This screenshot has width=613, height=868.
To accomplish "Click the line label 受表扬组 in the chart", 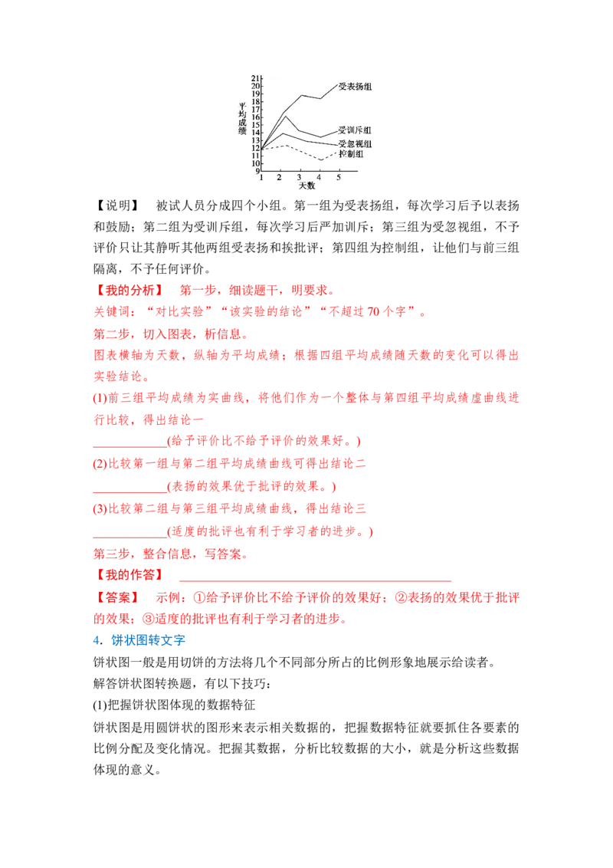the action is [x=355, y=87].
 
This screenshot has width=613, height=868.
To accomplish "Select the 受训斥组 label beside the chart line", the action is [x=355, y=130].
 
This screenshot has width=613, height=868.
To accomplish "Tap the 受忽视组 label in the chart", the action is [x=355, y=144].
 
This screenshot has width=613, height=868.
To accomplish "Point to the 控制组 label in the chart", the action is [x=351, y=154].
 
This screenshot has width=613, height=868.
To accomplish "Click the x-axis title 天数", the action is [x=306, y=186].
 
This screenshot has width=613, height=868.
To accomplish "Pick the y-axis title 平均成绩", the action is [x=242, y=118].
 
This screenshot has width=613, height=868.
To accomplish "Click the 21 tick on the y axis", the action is [x=255, y=78].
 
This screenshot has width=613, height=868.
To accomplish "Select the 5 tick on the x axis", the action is [x=339, y=178].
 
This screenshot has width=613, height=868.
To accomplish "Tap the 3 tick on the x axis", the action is [x=300, y=178].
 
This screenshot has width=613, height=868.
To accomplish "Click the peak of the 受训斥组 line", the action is [x=286, y=116].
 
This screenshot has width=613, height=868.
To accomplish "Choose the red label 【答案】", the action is [x=117, y=598].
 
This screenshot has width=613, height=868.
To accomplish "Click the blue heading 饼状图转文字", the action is [x=149, y=640].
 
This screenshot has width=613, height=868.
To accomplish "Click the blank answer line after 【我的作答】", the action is [x=316, y=580].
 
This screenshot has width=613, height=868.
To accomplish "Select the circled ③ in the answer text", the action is [x=149, y=619].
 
